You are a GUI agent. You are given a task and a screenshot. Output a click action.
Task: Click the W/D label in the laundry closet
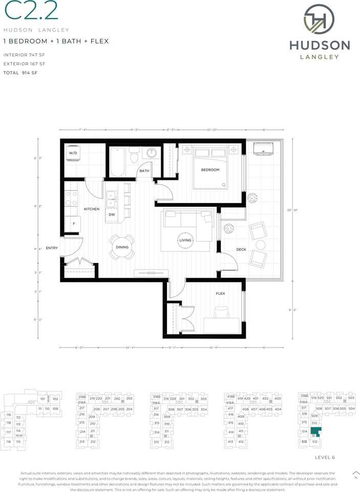[73, 153]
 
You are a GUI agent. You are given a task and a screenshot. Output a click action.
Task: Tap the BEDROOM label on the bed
[210, 170]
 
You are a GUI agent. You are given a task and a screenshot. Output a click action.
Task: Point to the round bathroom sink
[152, 153]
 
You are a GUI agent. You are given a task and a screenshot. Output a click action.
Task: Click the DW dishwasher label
[112, 215]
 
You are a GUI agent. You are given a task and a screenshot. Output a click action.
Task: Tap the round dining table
[122, 247]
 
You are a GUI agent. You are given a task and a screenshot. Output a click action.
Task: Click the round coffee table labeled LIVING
[185, 240]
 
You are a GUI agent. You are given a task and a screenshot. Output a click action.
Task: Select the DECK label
[241, 250]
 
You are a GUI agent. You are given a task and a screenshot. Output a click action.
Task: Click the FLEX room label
[220, 294]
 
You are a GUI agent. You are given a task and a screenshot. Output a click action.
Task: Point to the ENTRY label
[52, 248]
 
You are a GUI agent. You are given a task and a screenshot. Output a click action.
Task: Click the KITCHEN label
[91, 209]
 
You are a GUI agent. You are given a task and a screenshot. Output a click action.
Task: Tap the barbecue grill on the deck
[264, 148]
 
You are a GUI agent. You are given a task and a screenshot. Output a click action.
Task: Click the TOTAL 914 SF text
[21, 73]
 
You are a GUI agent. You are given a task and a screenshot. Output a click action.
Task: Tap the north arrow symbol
[356, 474]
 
